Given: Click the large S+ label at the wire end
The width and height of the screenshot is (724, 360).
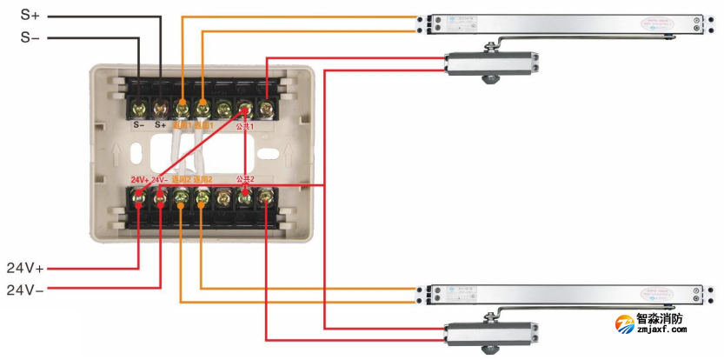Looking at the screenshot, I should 30,15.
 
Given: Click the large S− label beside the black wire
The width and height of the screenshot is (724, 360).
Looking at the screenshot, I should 30,37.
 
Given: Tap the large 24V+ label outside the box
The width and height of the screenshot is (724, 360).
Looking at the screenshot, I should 26,266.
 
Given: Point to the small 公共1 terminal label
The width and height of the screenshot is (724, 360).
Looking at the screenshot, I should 246,127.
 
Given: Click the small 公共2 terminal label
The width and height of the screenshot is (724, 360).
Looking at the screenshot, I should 246,179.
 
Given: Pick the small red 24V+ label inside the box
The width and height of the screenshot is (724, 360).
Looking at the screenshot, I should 139,180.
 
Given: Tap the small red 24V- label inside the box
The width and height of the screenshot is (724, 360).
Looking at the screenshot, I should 159,180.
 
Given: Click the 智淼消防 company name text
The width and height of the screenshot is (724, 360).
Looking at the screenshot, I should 665,319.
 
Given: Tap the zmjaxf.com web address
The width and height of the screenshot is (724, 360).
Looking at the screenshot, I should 662,331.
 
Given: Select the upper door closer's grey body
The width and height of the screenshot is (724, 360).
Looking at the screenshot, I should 491,63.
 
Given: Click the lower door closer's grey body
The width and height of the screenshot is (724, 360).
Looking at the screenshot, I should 491,331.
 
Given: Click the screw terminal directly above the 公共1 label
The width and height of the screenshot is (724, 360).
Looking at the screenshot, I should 245,109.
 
